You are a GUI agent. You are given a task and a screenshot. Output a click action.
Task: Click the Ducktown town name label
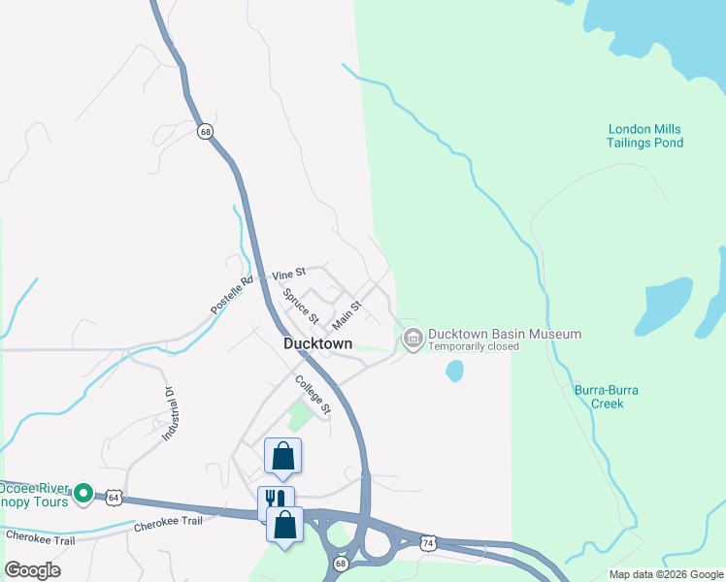pos(316,343)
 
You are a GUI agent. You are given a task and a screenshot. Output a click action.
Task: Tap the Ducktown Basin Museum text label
pos(505,334)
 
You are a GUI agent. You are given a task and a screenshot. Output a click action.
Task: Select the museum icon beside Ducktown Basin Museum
pos(412,338)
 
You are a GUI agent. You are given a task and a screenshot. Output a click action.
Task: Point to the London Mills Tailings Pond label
pos(645,136)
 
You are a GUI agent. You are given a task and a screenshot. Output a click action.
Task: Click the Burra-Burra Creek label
pos(606,397)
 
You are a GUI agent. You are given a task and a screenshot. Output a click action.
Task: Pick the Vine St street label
pos(288,275)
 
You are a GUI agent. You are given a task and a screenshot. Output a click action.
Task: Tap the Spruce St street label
pos(301,305)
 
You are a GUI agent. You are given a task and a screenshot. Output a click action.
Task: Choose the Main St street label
pos(346,313)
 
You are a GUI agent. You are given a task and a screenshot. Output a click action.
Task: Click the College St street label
pos(313,394)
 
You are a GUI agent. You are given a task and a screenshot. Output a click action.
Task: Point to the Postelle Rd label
pos(231,295)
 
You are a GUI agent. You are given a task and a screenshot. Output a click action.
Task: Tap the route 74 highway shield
pos(427,544)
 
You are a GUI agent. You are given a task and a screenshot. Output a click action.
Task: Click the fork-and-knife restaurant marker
pos(275,500)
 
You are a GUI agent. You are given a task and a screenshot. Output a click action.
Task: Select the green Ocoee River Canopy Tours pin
pos(84,494)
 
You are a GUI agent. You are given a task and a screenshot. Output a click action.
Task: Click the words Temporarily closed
pos(475,346)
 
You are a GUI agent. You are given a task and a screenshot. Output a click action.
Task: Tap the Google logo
pos(31,569)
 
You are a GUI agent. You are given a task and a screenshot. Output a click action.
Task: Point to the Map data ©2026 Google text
pos(666,574)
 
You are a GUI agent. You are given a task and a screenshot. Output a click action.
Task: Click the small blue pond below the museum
pos(454,371)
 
